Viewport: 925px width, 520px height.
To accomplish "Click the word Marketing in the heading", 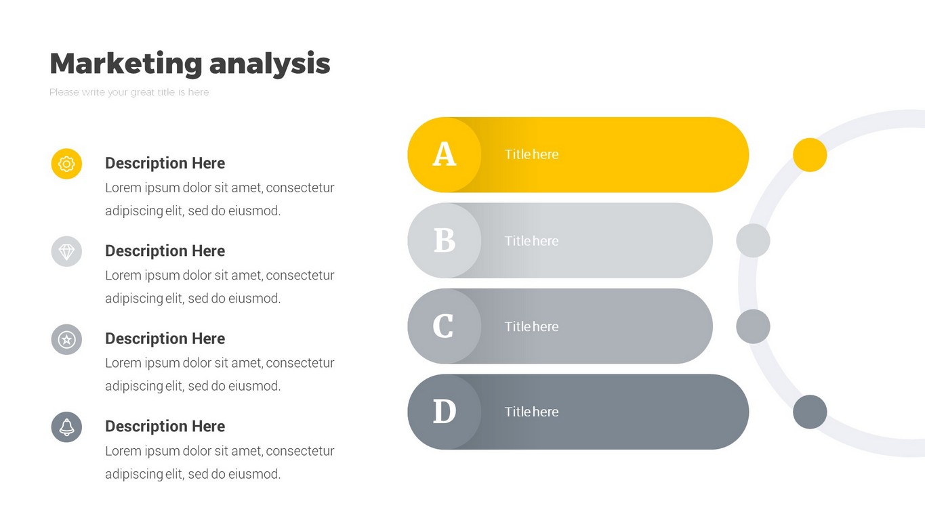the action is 126,64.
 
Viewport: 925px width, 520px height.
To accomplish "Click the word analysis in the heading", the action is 270,64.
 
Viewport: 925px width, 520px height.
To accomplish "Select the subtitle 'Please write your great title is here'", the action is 129,92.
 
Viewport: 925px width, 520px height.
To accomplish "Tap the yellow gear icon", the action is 66,164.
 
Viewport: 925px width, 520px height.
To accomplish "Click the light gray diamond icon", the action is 66,251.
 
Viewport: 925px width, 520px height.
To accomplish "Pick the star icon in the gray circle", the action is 66,340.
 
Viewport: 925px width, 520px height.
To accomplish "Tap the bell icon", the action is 66,427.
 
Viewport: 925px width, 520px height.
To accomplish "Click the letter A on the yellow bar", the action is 445,154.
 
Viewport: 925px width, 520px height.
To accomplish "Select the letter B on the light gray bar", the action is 445,240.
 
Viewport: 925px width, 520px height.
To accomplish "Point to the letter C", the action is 443,326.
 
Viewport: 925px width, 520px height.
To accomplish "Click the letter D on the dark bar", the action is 445,412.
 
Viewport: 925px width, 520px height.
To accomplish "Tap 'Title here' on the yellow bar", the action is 531,154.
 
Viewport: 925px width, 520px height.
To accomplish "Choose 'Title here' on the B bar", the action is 531,240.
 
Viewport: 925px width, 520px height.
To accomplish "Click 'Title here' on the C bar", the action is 531,326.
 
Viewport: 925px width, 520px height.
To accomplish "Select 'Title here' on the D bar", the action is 531,412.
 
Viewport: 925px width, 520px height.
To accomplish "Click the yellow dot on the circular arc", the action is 810,155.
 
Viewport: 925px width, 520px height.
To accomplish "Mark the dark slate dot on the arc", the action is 810,412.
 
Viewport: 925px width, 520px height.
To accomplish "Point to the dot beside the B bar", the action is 754,240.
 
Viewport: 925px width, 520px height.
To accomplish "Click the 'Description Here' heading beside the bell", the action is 165,427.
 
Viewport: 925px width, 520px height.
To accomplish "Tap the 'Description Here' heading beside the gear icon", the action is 165,163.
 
